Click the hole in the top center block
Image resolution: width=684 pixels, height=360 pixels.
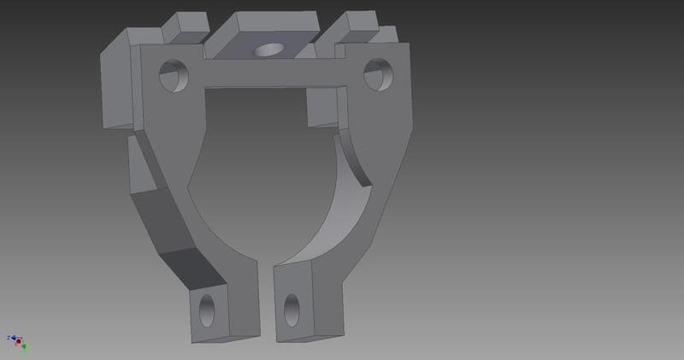[270, 50]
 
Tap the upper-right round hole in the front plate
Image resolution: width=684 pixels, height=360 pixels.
[377, 74]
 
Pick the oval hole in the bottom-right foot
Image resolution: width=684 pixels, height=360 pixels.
[292, 310]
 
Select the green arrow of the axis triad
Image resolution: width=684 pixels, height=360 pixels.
[24, 345]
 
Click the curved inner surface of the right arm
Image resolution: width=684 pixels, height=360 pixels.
[338, 205]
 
